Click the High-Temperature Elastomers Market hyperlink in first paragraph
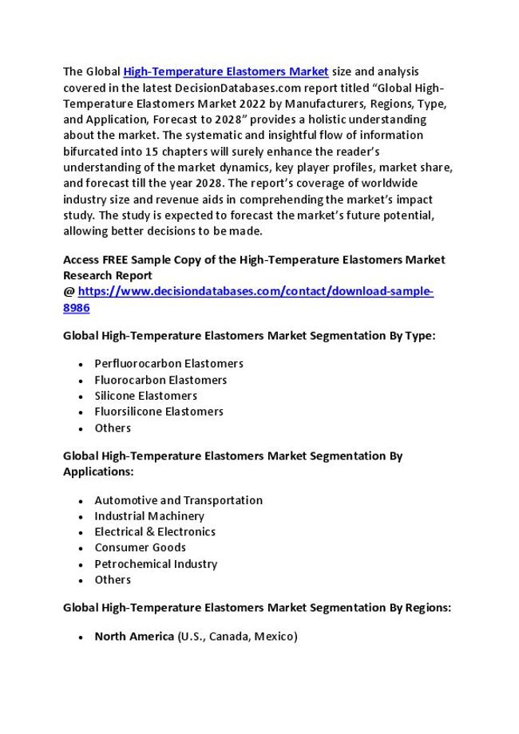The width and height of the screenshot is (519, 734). [226, 72]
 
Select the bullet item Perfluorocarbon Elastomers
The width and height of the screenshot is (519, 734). [168, 364]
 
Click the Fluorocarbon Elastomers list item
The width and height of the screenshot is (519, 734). [160, 380]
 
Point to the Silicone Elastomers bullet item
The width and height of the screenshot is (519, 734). [145, 396]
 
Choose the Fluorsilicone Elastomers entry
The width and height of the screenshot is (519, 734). [159, 412]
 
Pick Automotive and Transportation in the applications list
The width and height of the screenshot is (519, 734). [178, 500]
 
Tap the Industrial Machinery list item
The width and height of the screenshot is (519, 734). [149, 516]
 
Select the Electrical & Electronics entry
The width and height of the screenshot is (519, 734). [155, 531]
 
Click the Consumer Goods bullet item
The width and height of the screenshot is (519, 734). [140, 547]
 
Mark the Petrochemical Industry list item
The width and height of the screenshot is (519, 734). [156, 564]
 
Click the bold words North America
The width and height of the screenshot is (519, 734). [134, 636]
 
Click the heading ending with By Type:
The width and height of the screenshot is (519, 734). [249, 336]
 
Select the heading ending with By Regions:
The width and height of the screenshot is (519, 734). [257, 608]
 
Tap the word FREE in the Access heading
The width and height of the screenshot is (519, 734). [119, 260]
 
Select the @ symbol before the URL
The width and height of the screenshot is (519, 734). [69, 292]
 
